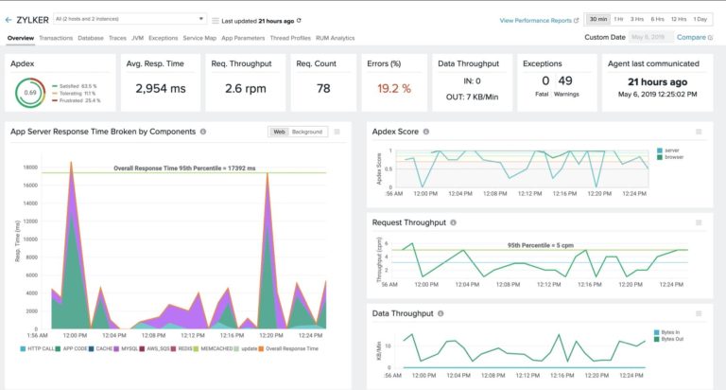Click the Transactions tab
[56, 38]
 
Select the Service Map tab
[199, 38]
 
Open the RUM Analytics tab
[335, 38]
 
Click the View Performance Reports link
[539, 19]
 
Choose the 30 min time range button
[598, 19]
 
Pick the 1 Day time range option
[700, 19]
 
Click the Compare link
[691, 37]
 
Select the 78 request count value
[322, 88]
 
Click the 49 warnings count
[565, 81]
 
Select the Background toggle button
[306, 132]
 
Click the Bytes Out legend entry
[675, 340]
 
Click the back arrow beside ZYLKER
[9, 19]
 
